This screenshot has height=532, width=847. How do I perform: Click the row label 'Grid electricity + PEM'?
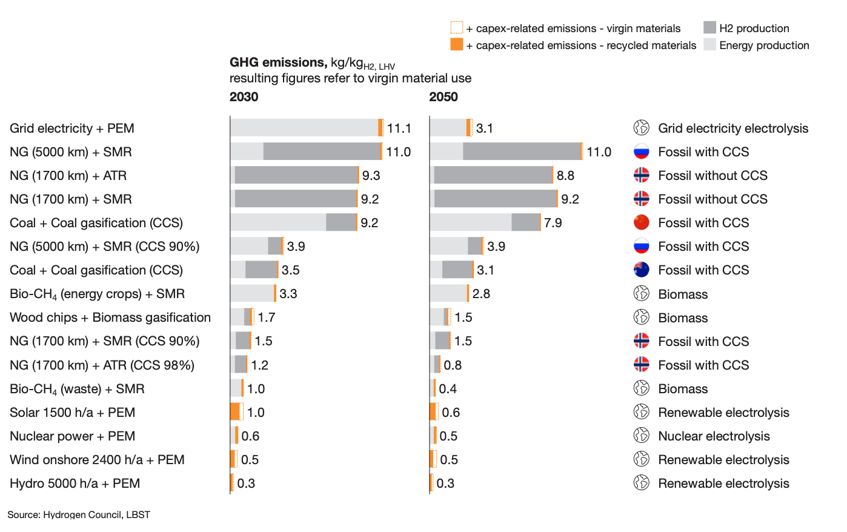coord(72,128)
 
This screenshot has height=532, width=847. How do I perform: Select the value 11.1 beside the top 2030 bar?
coord(399,128)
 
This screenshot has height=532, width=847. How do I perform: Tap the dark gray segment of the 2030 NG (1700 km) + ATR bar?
coord(296,176)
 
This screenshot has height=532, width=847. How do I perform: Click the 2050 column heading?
coord(443,97)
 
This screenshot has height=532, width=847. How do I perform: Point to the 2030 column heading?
coord(244,97)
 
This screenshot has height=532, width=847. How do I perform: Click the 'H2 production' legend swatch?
coord(709,28)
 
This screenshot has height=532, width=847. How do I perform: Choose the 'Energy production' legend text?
coord(764,45)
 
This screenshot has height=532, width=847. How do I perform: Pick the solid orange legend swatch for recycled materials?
coord(456,45)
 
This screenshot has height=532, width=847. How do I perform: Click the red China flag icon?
coord(641,223)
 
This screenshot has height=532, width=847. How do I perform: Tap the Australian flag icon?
coord(641,270)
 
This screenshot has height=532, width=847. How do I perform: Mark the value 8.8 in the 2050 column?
coord(565,176)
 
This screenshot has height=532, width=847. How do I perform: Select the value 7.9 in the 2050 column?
coord(553,223)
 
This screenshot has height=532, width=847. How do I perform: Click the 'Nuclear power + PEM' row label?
coord(73,436)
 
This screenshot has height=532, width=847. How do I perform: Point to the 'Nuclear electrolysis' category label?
coord(714,436)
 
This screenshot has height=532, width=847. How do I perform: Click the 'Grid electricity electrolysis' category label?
coord(733,128)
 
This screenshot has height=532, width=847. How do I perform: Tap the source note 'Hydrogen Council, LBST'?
coord(96,514)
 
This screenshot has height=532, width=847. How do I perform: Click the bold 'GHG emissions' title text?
coord(278,62)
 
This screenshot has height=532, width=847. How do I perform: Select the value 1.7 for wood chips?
coord(266,318)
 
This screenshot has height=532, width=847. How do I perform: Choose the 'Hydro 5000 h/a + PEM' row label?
coord(75,484)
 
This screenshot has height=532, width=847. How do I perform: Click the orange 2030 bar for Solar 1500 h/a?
coord(235,412)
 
